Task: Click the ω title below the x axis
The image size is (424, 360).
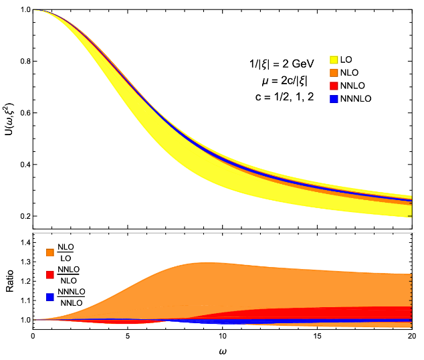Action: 223,351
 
